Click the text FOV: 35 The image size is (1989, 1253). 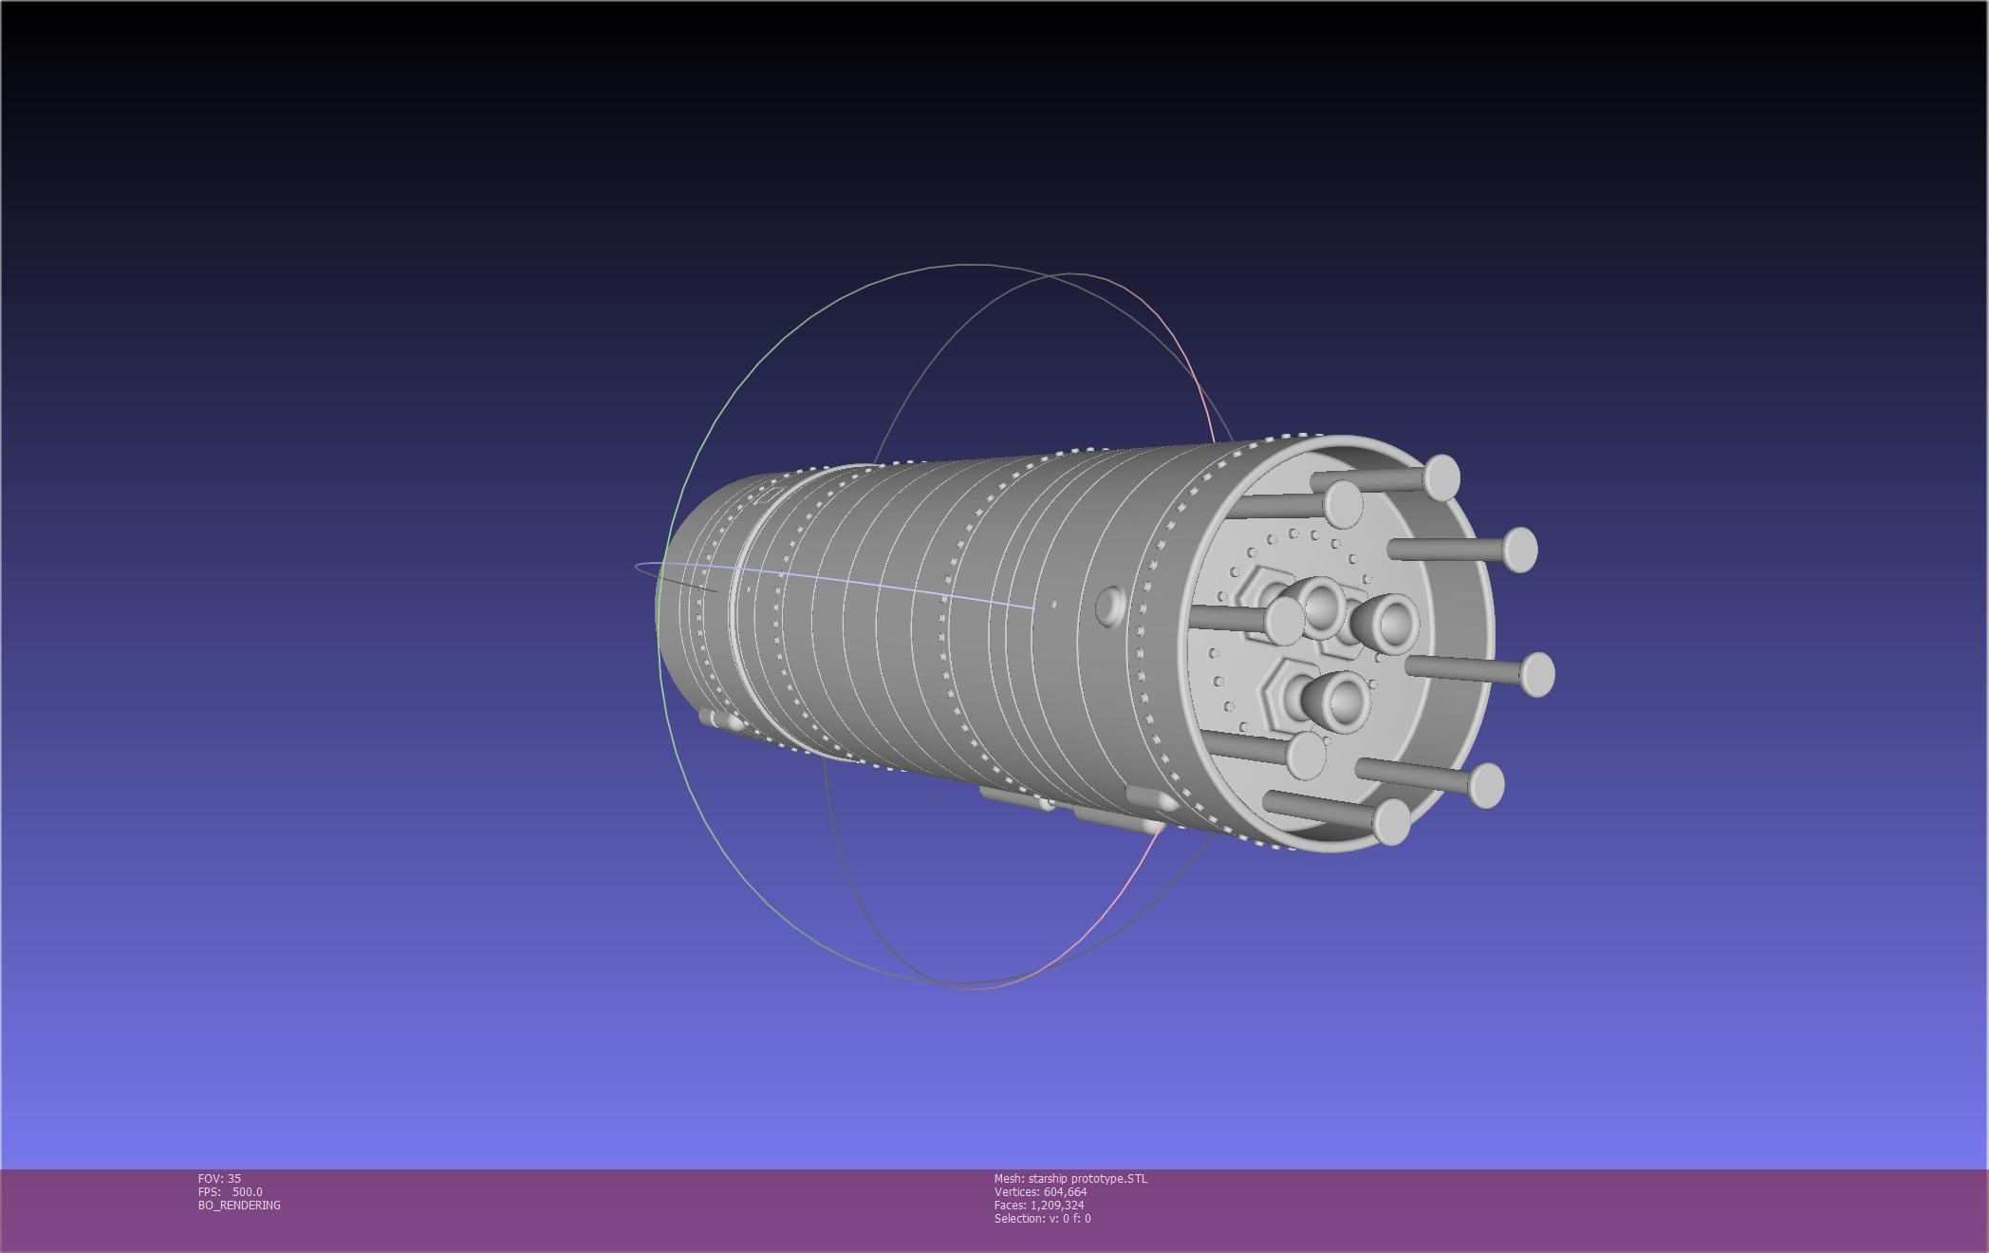point(219,1178)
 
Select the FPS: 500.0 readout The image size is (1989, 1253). point(230,1191)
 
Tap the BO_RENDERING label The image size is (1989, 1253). point(239,1205)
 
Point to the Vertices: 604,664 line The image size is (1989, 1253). point(1040,1191)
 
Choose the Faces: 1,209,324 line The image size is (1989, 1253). point(1038,1205)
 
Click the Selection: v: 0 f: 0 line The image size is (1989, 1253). point(1042,1218)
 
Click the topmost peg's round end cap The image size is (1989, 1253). point(1441,477)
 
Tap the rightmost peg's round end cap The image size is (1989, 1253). point(1537,674)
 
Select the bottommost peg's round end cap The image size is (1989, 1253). point(1392,821)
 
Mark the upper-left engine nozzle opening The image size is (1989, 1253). point(1321,606)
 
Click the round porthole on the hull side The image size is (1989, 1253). point(1108,605)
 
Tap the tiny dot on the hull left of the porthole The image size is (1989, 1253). point(1053,604)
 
